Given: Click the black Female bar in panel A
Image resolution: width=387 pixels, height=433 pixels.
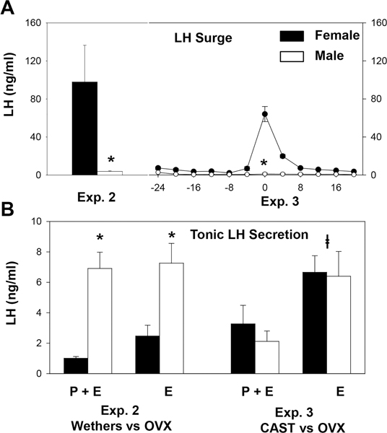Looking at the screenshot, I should point(85,128).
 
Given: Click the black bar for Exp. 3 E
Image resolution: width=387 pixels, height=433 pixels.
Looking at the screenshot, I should point(315,323).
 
